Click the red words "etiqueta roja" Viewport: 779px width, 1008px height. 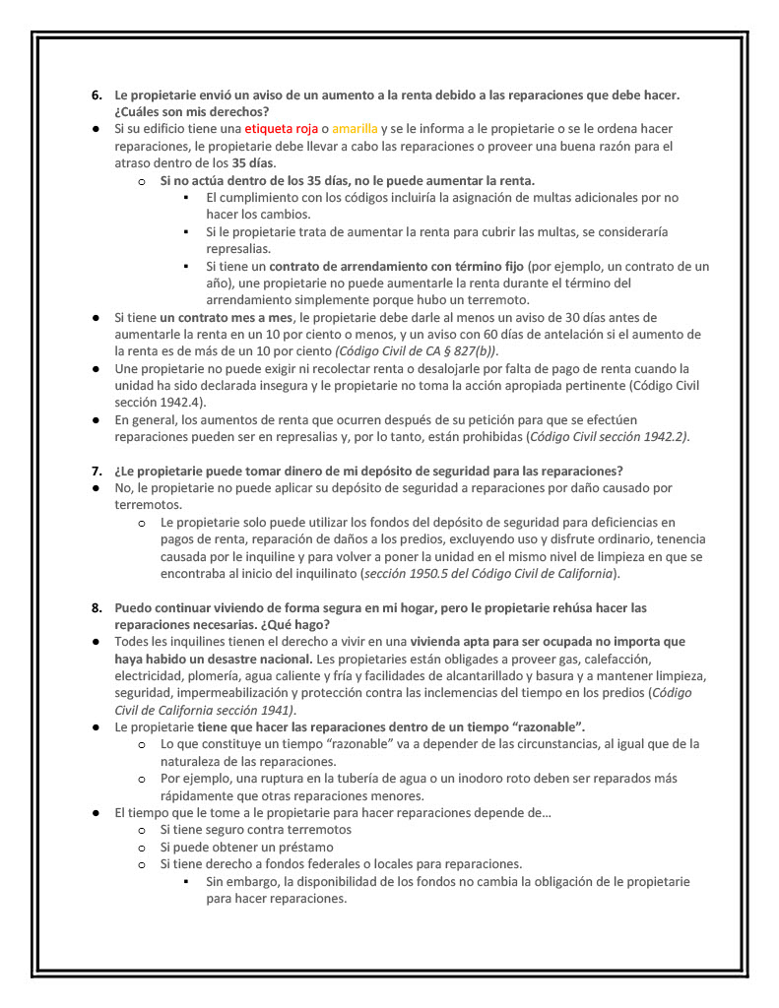pos(281,129)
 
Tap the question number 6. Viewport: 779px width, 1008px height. pos(97,95)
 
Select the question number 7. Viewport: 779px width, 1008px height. pos(97,470)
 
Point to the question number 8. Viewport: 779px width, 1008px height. pos(97,607)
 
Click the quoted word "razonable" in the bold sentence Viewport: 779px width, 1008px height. pos(544,727)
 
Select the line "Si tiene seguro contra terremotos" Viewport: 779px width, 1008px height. pos(255,830)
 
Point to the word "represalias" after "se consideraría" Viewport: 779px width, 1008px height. pos(239,249)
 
